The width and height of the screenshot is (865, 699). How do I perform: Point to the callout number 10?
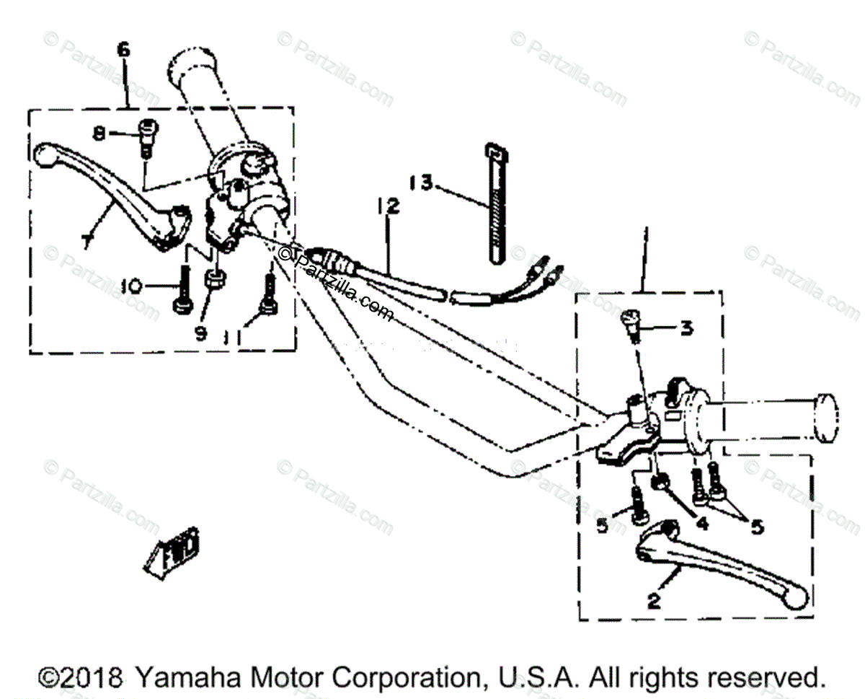coord(130,286)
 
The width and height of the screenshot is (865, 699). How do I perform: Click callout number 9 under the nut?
coord(200,333)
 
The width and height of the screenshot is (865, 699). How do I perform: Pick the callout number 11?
coord(233,335)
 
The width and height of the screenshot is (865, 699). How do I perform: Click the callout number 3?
coord(686,329)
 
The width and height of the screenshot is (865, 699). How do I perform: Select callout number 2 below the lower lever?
coord(654,601)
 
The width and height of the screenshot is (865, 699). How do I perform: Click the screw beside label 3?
coord(631,327)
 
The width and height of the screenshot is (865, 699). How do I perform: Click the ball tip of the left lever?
coord(45,153)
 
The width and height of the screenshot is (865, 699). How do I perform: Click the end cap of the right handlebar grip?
coord(826,416)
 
